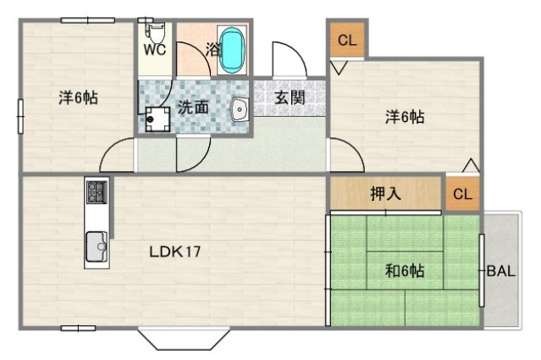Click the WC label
click(x=153, y=49)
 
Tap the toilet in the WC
click(x=155, y=31)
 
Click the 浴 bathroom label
click(x=213, y=49)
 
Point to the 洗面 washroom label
click(x=193, y=108)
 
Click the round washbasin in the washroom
click(x=238, y=108)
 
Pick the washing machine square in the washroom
click(x=156, y=119)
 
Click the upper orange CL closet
click(x=346, y=41)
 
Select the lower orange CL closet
click(x=462, y=194)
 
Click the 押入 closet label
click(x=385, y=194)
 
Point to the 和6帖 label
click(x=405, y=271)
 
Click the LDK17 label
click(x=174, y=252)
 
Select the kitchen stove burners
click(x=96, y=191)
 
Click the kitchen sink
click(x=96, y=246)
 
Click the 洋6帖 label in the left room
click(x=78, y=97)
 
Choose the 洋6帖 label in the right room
click(x=405, y=119)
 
